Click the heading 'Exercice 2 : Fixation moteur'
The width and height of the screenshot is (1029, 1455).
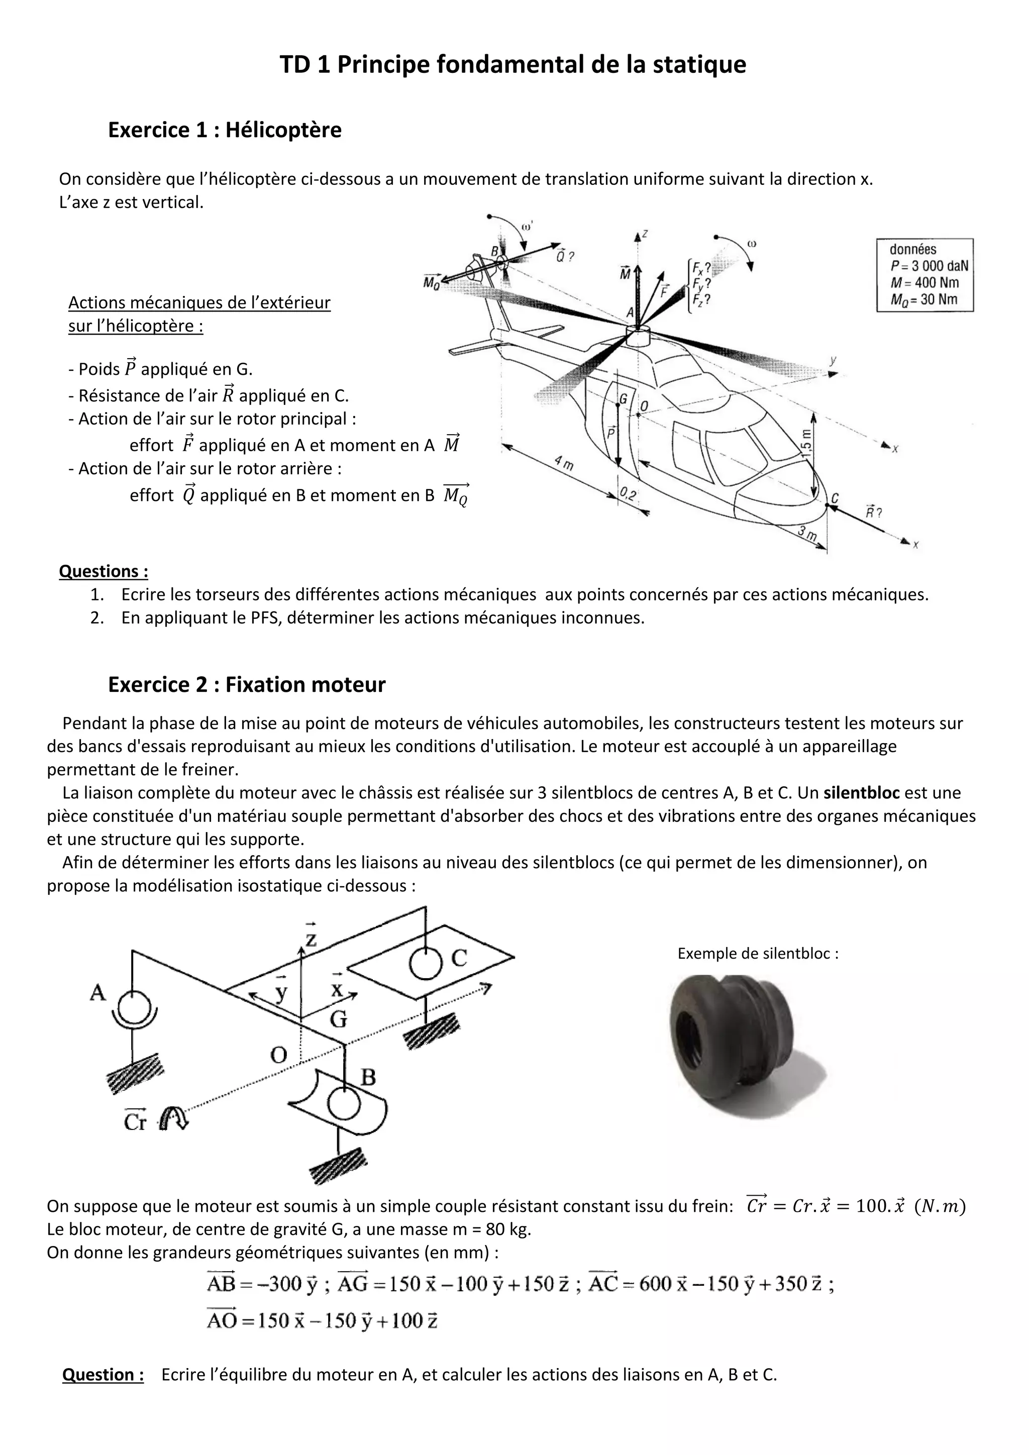coord(247,684)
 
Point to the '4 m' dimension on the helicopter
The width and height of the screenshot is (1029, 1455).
coord(563,462)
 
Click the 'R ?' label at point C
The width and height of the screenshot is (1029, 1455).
coord(874,511)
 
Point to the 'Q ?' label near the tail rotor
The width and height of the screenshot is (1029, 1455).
coord(565,257)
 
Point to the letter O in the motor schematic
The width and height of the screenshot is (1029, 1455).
coord(279,1054)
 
